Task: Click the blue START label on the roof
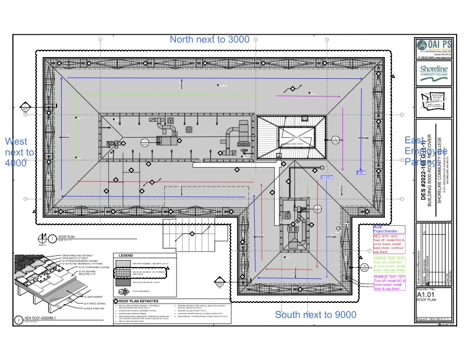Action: pos(327,176)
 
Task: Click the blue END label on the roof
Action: pos(361,172)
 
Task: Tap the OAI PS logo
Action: pos(433,46)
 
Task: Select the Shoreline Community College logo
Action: pos(433,72)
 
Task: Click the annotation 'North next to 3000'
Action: pos(209,39)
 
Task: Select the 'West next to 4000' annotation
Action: pos(19,152)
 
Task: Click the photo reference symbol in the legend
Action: pos(121,291)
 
